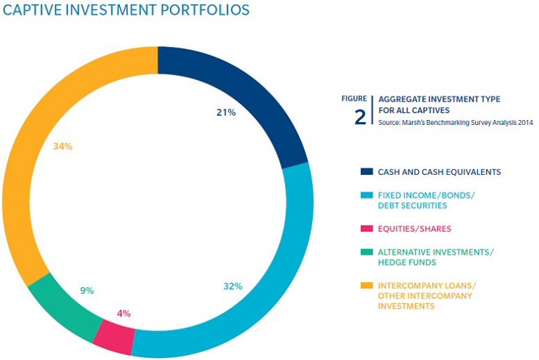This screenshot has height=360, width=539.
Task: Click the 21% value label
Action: click(225, 112)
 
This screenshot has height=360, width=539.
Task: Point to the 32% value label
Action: click(232, 286)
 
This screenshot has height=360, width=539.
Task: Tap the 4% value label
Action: click(124, 314)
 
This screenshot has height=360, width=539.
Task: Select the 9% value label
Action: click(87, 291)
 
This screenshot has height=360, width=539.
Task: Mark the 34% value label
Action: click(63, 147)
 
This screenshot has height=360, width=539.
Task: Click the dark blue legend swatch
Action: click(366, 171)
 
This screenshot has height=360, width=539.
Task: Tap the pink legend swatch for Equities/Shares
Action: click(366, 229)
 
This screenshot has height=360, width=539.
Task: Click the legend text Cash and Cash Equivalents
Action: click(439, 171)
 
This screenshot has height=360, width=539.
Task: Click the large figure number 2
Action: click(359, 116)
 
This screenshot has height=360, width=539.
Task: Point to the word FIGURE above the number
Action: click(354, 98)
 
